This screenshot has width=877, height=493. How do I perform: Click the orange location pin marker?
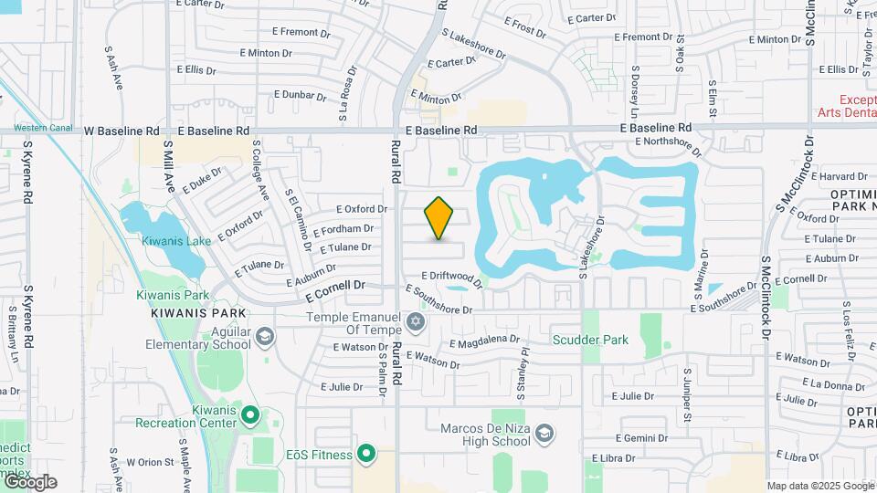[439, 218]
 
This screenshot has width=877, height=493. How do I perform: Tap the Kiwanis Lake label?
[176, 241]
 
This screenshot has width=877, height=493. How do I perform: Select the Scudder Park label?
[590, 340]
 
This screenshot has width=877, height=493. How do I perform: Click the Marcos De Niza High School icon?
[544, 432]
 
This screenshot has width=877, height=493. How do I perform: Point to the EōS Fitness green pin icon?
[366, 453]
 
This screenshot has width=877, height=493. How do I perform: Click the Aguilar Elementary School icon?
[264, 338]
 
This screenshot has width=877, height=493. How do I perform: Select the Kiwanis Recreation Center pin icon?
[251, 415]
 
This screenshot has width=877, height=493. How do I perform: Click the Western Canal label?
[43, 128]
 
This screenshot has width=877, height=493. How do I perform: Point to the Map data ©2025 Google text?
[819, 486]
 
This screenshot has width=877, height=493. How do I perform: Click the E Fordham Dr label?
[343, 229]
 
